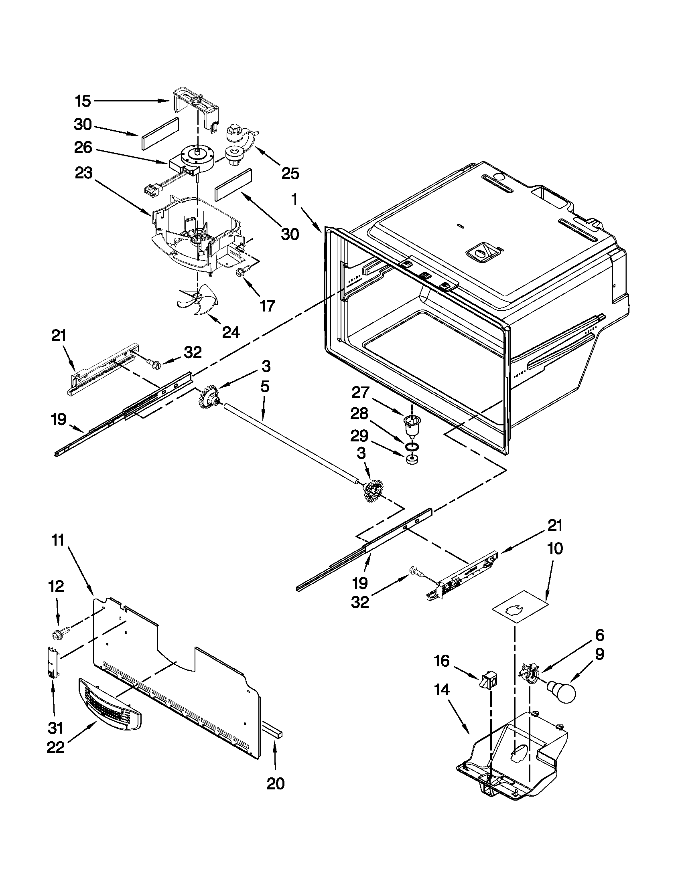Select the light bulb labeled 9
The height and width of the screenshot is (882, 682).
(x=562, y=691)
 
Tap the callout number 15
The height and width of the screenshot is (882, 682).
(x=83, y=101)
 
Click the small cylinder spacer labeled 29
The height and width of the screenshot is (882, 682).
(x=411, y=460)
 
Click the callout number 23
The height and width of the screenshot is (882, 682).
(x=83, y=174)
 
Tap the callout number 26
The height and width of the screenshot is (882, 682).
(x=83, y=148)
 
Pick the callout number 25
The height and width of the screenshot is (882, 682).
(x=290, y=174)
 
